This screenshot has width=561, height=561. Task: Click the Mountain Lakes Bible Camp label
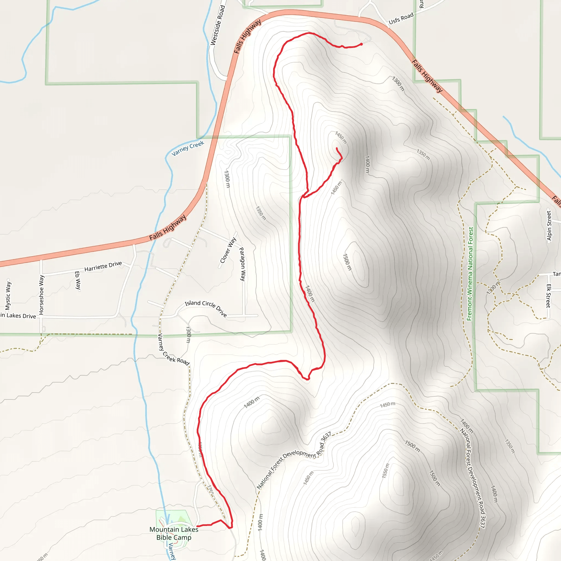pyautogui.click(x=174, y=533)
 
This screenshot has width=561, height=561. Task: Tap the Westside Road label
pyautogui.click(x=217, y=25)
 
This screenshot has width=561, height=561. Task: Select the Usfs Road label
pyautogui.click(x=401, y=19)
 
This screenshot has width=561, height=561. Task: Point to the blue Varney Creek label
pyautogui.click(x=188, y=148)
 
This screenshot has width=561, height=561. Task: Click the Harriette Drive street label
pyautogui.click(x=103, y=266)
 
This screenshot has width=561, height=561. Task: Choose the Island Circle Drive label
pyautogui.click(x=206, y=308)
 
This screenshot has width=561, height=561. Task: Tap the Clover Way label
pyautogui.click(x=228, y=250)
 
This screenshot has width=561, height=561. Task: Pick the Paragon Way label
pyautogui.click(x=242, y=264)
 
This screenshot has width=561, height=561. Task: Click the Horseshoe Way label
pyautogui.click(x=42, y=295)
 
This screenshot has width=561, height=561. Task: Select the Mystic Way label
pyautogui.click(x=8, y=295)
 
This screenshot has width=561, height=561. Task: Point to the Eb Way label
pyautogui.click(x=78, y=280)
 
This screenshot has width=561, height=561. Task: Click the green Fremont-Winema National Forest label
pyautogui.click(x=470, y=274)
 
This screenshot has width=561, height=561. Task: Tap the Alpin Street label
pyautogui.click(x=549, y=226)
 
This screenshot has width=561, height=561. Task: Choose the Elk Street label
pyautogui.click(x=548, y=296)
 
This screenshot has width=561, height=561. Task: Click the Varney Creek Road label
pyautogui.click(x=173, y=350)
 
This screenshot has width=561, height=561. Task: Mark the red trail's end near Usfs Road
pyautogui.click(x=362, y=44)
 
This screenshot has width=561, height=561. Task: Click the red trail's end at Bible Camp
pyautogui.click(x=197, y=526)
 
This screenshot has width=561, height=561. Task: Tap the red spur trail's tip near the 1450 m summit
pyautogui.click(x=337, y=148)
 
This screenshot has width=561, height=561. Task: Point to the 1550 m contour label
pyautogui.click(x=385, y=471)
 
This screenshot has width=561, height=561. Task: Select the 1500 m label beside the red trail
pyautogui.click(x=347, y=262)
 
